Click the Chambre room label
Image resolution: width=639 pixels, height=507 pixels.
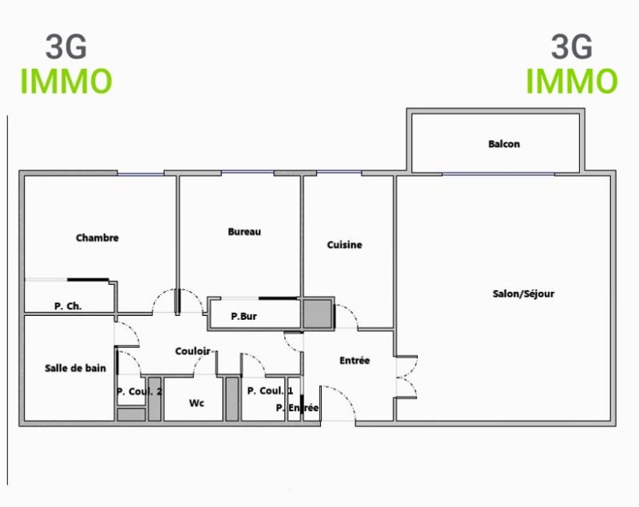click(x=97, y=238)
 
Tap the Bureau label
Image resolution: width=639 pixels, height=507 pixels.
click(x=244, y=232)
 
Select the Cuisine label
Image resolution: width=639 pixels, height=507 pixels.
click(x=344, y=245)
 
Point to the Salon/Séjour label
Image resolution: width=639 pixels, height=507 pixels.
click(x=523, y=293)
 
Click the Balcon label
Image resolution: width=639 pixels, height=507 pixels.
click(x=504, y=144)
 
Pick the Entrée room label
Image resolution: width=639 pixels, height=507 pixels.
click(x=355, y=361)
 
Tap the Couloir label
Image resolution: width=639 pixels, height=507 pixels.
click(x=192, y=351)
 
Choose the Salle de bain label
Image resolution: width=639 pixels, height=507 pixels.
click(x=75, y=369)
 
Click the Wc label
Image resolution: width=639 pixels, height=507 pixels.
click(x=196, y=403)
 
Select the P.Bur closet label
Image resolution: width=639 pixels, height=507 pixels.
click(x=244, y=316)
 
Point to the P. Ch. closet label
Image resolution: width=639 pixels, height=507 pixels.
click(x=68, y=306)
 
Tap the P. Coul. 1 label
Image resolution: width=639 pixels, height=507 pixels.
click(x=270, y=391)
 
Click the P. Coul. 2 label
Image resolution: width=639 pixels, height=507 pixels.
click(x=139, y=392)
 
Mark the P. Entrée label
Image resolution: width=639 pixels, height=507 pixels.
click(x=297, y=408)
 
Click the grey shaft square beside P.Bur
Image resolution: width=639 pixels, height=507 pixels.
click(x=317, y=313)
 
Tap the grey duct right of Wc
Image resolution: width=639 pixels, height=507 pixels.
click(x=232, y=399)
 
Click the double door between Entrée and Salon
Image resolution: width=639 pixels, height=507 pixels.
click(x=407, y=377)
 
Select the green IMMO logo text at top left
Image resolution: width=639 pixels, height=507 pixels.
click(x=66, y=82)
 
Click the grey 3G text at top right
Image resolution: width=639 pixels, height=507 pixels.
click(x=572, y=46)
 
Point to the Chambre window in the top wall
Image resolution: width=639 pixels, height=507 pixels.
click(x=141, y=174)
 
